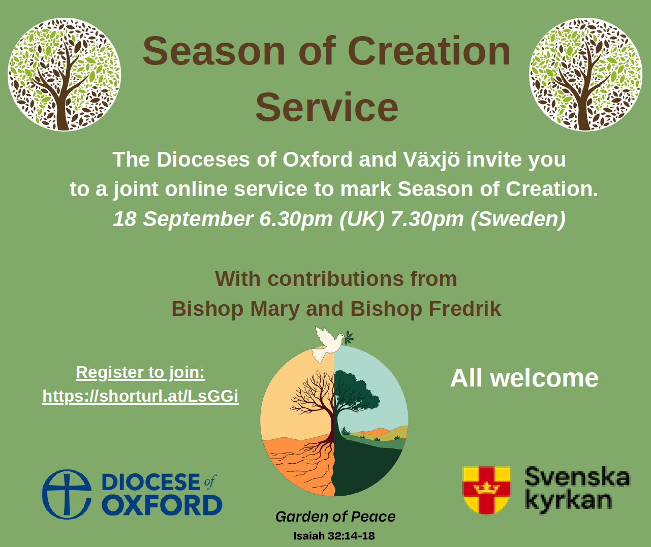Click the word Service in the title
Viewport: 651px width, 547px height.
click(x=327, y=107)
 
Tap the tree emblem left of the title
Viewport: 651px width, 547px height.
click(x=64, y=74)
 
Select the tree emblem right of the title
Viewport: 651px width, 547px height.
click(x=585, y=74)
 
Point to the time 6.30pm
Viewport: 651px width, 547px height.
click(x=296, y=219)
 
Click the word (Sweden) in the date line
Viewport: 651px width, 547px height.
click(x=518, y=219)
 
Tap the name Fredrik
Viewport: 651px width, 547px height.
click(x=464, y=309)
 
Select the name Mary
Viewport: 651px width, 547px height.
click(x=274, y=309)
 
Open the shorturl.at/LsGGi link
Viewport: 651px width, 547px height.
click(x=141, y=396)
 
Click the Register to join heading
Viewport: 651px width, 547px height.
click(x=141, y=372)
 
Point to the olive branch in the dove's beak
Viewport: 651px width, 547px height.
click(x=349, y=338)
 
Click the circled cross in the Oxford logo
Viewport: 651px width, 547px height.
click(x=67, y=494)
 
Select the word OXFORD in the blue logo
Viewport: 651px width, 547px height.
click(x=162, y=505)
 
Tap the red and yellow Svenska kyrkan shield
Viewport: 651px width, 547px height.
click(x=486, y=490)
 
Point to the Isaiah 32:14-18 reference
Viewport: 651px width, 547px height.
click(x=334, y=536)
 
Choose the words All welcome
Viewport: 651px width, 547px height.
click(x=524, y=378)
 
